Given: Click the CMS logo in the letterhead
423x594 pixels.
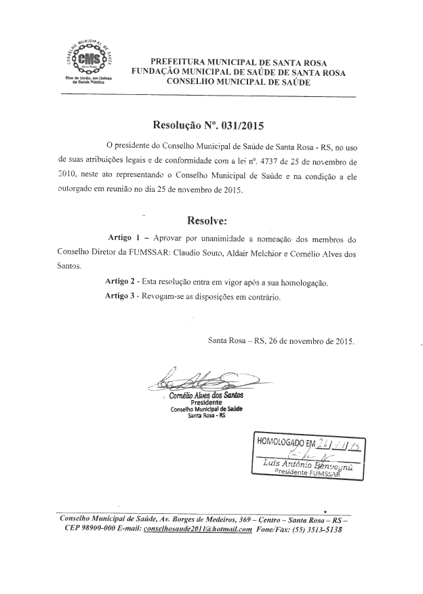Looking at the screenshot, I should (89, 60).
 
